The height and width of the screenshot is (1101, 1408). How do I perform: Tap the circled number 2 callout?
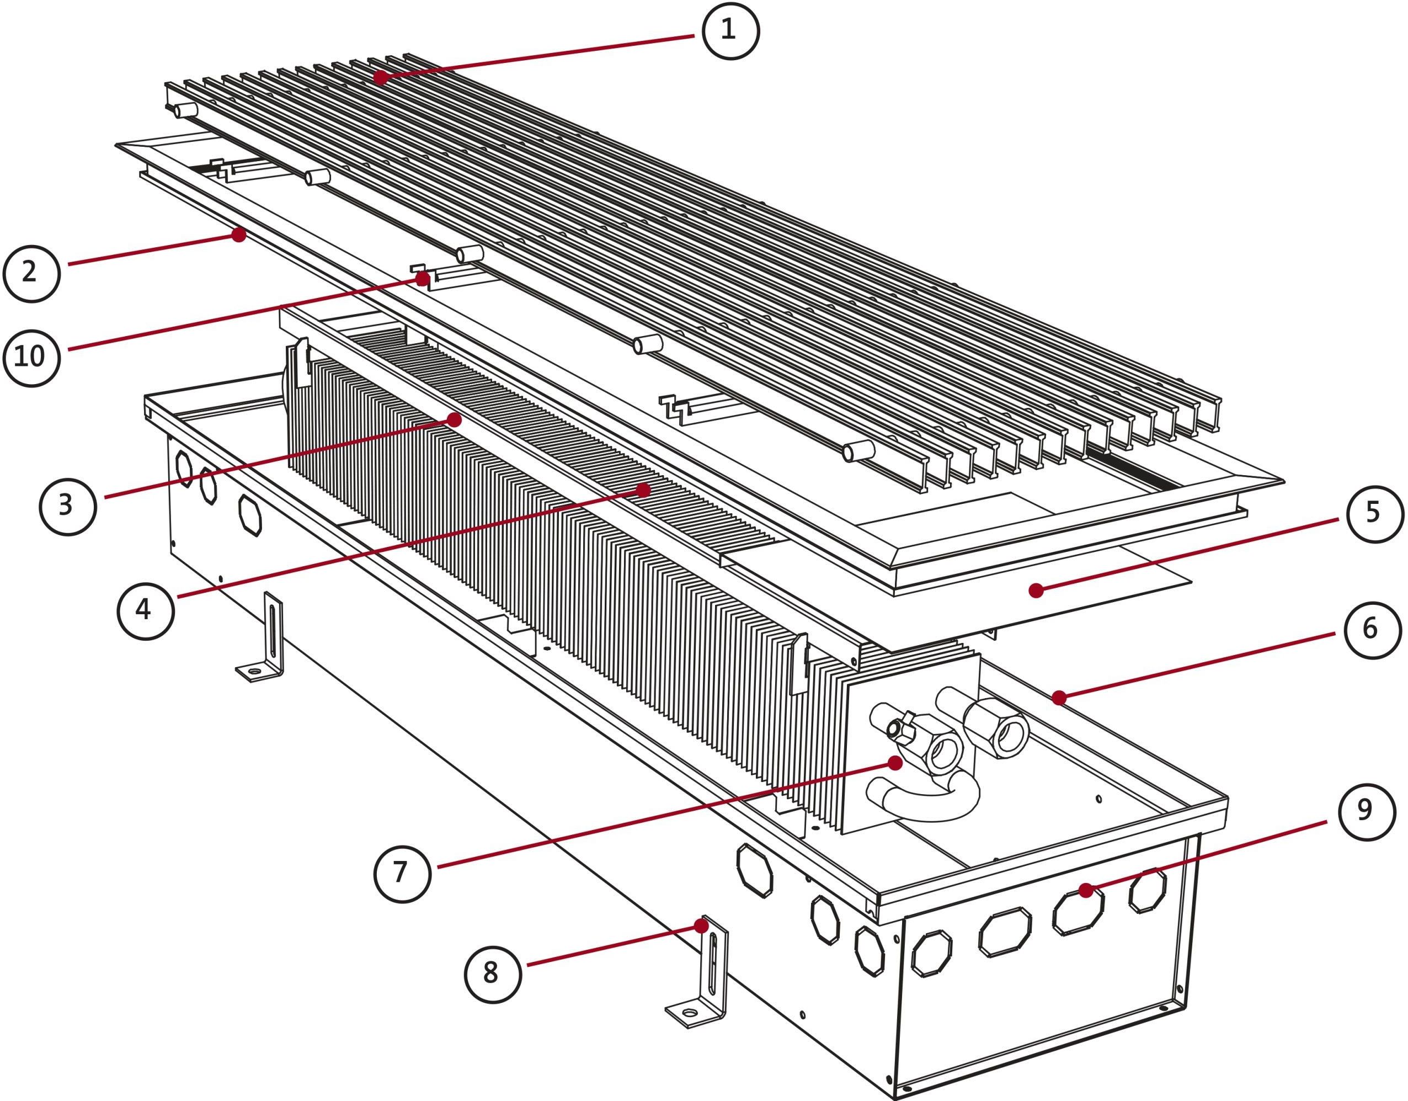(x=31, y=273)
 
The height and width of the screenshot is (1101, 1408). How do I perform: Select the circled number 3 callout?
(x=67, y=506)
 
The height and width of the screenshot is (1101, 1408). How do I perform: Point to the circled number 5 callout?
(x=1374, y=513)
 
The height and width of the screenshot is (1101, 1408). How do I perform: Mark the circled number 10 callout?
(x=31, y=357)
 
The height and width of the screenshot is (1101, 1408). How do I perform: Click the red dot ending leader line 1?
(x=380, y=77)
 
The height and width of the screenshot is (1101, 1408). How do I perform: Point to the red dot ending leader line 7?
(x=895, y=763)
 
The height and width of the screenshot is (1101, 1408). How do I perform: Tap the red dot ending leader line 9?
(x=1086, y=890)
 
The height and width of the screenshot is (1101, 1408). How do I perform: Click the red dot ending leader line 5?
(x=1036, y=589)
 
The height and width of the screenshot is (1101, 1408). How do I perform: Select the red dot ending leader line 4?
(x=643, y=490)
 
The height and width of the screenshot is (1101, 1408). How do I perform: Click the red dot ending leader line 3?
(x=455, y=421)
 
